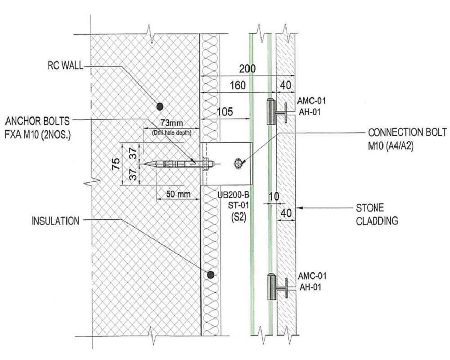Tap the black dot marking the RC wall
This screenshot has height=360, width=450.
click(x=159, y=106)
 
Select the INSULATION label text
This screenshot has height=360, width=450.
click(x=55, y=220)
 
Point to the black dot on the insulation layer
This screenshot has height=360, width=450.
click(x=211, y=274)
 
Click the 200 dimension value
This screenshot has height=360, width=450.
click(x=247, y=69)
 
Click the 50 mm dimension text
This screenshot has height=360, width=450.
click(x=176, y=194)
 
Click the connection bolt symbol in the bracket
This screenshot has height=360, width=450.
click(x=237, y=164)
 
